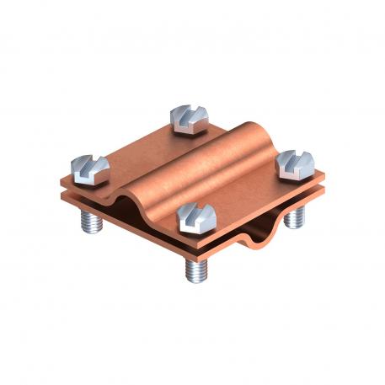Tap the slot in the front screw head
[195, 212]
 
